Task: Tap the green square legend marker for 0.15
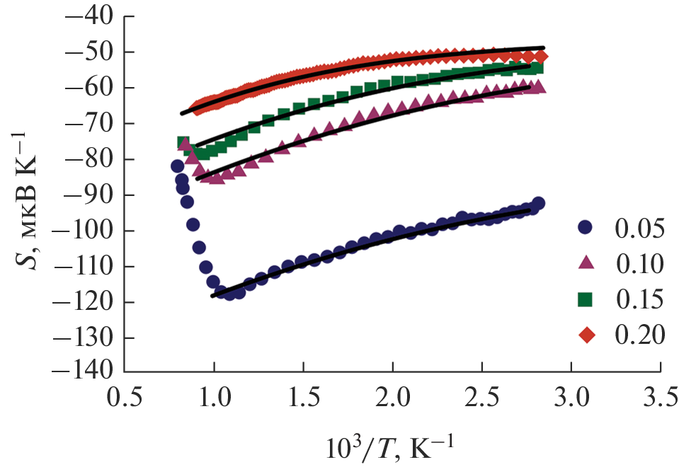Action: tap(585, 299)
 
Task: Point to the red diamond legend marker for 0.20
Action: tap(585, 334)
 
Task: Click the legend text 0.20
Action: tap(640, 334)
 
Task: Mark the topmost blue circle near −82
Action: tap(178, 166)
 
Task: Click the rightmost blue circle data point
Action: tap(537, 204)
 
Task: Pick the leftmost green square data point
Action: tap(183, 143)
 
